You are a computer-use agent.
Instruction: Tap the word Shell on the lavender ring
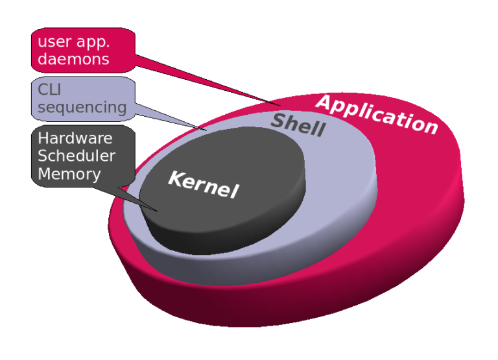tap(298, 124)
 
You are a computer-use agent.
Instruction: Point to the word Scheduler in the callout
tap(77, 156)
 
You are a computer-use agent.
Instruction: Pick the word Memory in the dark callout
tap(69, 174)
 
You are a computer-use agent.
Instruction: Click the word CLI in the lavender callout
tap(49, 90)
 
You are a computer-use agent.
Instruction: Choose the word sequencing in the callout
tap(82, 107)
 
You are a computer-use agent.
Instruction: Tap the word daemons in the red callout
tap(73, 60)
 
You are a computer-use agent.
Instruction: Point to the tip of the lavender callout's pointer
tap(206, 130)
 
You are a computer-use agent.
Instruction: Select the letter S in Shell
tap(278, 120)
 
